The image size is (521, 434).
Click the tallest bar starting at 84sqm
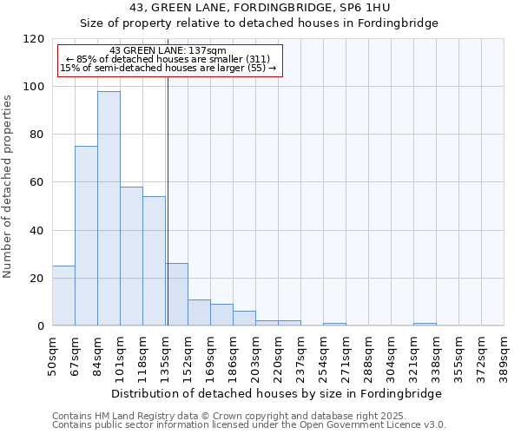(109, 208)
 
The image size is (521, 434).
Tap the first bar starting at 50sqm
(63, 296)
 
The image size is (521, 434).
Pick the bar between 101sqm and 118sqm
(131, 256)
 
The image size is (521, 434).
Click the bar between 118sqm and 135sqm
(154, 260)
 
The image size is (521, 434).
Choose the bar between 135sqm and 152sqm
(176, 294)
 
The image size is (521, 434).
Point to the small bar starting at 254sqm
(334, 325)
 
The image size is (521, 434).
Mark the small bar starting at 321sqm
(425, 325)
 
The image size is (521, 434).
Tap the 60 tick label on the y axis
(37, 182)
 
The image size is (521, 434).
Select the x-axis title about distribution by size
(276, 393)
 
